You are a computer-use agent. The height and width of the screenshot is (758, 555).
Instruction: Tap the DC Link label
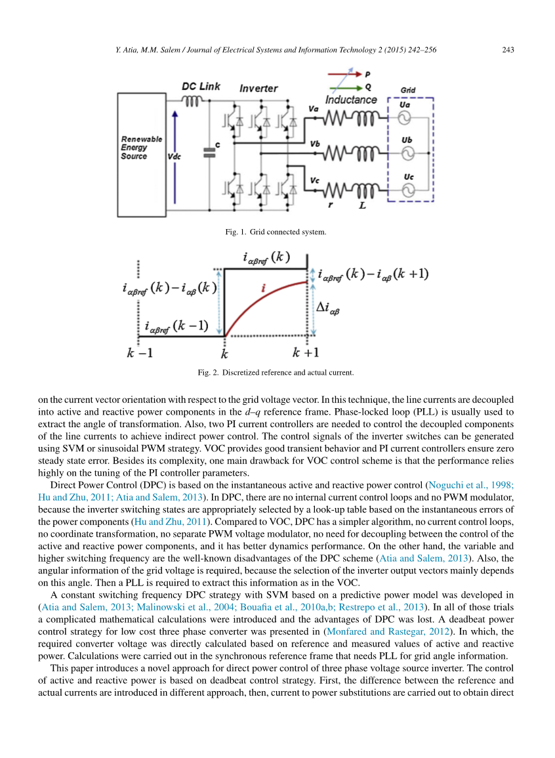tap(201, 87)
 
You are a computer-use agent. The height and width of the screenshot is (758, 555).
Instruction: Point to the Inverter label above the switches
tap(258, 88)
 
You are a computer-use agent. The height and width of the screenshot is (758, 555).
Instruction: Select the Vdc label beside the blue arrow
tap(174, 157)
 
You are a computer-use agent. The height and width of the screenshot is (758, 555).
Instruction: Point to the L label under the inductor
tap(362, 205)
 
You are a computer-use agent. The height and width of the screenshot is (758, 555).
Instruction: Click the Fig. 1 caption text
tap(276, 232)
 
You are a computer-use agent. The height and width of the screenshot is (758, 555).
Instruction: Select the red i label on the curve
tap(263, 287)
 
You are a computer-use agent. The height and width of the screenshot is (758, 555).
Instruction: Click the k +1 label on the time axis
tap(306, 352)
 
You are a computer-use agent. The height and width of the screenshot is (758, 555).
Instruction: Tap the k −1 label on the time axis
tap(139, 352)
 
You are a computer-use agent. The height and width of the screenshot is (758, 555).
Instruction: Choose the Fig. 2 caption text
tap(276, 373)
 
